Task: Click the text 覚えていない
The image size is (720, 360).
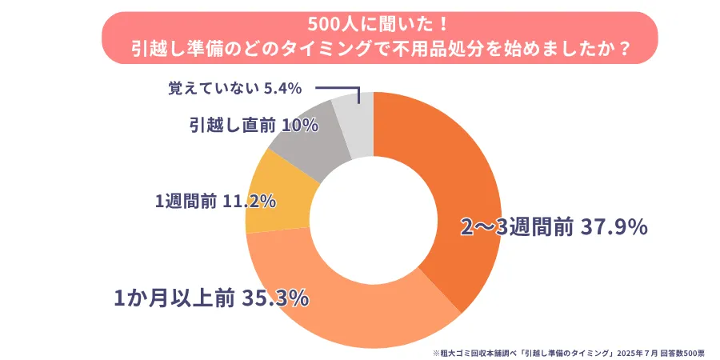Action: (x=213, y=88)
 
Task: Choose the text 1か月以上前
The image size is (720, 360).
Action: (x=174, y=299)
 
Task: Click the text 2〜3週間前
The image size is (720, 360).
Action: (x=516, y=228)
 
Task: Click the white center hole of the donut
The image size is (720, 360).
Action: (x=374, y=220)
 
